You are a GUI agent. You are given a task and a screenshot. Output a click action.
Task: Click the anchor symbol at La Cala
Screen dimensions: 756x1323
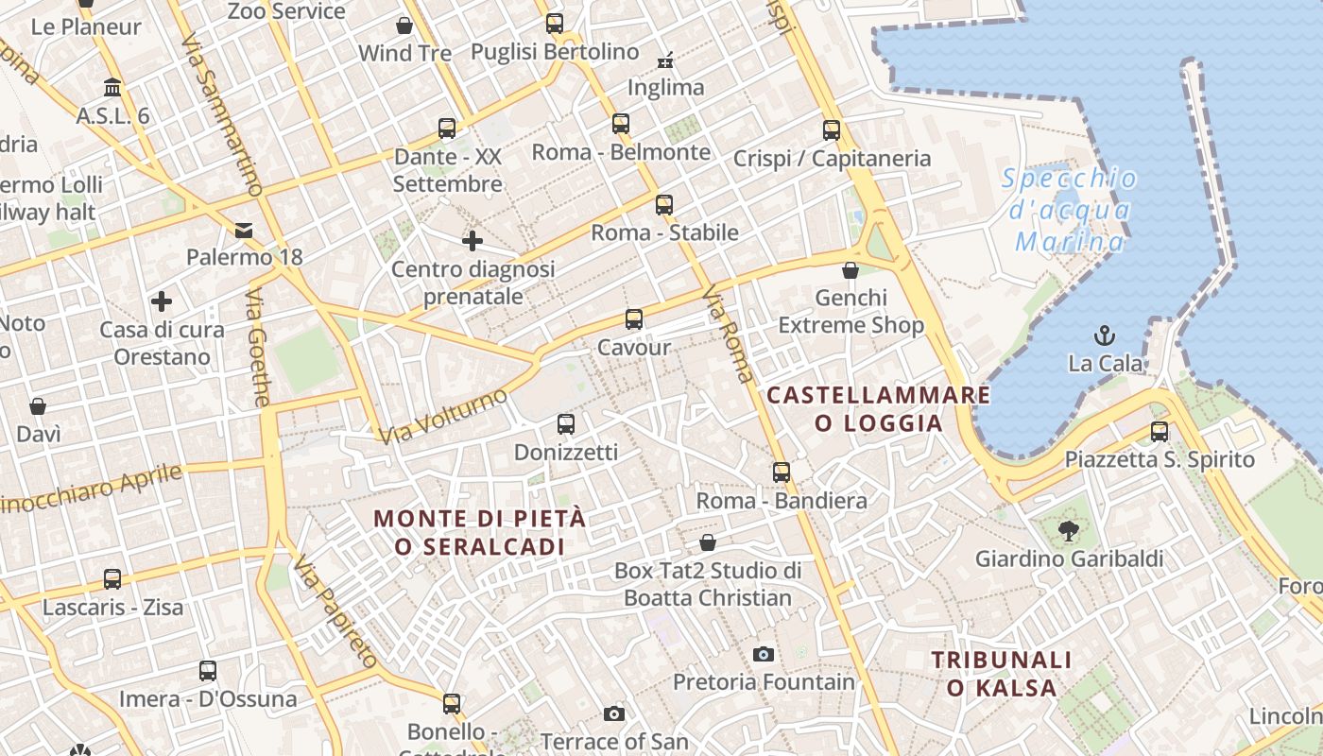pyautogui.click(x=1104, y=335)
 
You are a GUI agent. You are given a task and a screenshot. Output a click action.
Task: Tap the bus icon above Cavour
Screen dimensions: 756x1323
pyautogui.click(x=634, y=319)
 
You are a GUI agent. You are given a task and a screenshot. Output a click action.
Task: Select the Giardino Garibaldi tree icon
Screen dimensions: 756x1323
pyautogui.click(x=1069, y=531)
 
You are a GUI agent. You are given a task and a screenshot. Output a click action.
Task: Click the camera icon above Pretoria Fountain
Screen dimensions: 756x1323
pyautogui.click(x=764, y=654)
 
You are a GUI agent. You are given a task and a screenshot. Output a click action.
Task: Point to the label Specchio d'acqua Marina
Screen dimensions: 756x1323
pyautogui.click(x=1070, y=210)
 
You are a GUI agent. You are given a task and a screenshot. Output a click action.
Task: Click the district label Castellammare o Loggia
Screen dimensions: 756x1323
pyautogui.click(x=879, y=408)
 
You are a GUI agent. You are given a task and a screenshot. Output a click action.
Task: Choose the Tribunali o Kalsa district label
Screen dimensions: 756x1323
pyautogui.click(x=1002, y=673)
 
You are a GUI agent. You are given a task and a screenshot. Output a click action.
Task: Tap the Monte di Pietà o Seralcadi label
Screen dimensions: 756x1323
pyautogui.click(x=480, y=532)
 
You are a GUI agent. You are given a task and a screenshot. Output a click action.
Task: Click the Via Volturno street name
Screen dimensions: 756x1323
pyautogui.click(x=443, y=417)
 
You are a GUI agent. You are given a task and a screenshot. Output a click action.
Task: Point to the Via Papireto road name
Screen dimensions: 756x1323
pyautogui.click(x=335, y=611)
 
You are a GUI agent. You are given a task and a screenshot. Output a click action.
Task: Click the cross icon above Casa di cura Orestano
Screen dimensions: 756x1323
pyautogui.click(x=162, y=301)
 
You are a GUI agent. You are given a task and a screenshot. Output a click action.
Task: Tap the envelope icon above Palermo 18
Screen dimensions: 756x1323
pyautogui.click(x=244, y=230)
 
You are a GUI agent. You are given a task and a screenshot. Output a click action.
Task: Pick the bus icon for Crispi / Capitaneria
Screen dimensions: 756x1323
pyautogui.click(x=832, y=130)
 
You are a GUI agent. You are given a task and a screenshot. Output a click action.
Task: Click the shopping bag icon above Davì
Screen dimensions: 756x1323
pyautogui.click(x=38, y=406)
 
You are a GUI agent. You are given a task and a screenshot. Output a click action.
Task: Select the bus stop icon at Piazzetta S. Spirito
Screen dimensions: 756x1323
pyautogui.click(x=1160, y=432)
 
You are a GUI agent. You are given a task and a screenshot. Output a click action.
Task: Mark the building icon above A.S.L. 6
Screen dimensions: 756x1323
pyautogui.click(x=112, y=88)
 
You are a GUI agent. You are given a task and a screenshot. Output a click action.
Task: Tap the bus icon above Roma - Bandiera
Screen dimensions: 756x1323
pyautogui.click(x=782, y=472)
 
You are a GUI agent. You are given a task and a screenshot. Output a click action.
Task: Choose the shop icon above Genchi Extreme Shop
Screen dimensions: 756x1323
pyautogui.click(x=850, y=270)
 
